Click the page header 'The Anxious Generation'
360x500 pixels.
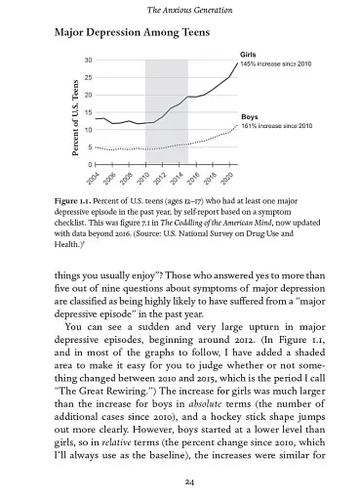(180, 10)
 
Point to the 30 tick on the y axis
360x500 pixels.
(88, 61)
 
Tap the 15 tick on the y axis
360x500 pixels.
(88, 112)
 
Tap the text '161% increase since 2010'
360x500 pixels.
(276, 126)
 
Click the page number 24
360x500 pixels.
(180, 482)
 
